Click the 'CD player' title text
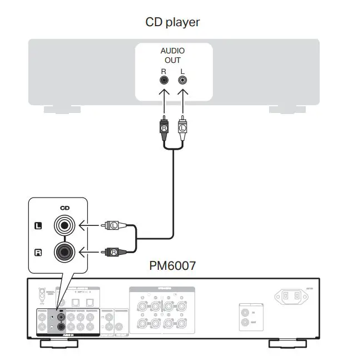(172, 22)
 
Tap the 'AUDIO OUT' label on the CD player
(172, 55)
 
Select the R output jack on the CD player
(164, 80)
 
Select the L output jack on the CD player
(182, 80)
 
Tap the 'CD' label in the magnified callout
(65, 208)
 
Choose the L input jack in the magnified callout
(64, 226)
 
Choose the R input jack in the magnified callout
(64, 252)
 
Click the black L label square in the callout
(38, 226)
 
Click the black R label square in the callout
(38, 253)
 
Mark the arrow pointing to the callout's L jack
(89, 225)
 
